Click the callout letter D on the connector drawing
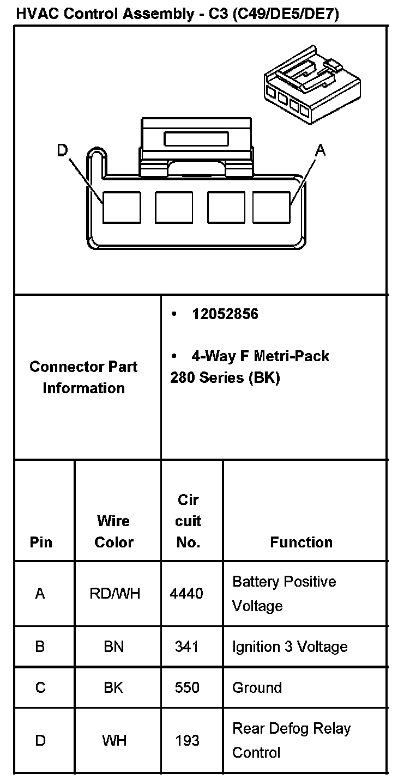(x=63, y=150)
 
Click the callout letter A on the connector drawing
(x=321, y=150)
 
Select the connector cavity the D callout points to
(x=122, y=207)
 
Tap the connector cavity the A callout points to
(x=271, y=207)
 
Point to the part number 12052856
(x=225, y=314)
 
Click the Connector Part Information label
(x=83, y=377)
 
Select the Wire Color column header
(x=113, y=532)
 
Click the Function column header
(x=301, y=542)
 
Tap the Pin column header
(x=41, y=542)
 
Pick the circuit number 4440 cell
(x=186, y=593)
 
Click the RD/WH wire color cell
(x=114, y=593)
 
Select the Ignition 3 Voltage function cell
(x=290, y=647)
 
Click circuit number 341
(x=186, y=647)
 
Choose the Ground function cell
(x=257, y=687)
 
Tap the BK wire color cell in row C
(x=113, y=687)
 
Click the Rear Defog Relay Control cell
(x=291, y=740)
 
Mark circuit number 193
(x=186, y=741)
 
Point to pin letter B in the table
(x=40, y=647)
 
